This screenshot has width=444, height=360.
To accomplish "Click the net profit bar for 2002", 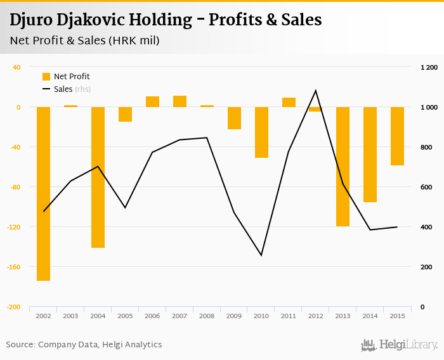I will click(43, 193).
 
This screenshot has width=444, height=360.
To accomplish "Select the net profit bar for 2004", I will click(98, 177).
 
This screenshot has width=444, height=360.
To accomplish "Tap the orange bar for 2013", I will click(343, 166).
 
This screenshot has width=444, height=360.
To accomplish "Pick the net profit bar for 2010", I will click(261, 132).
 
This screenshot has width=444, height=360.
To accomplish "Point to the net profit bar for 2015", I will click(398, 136).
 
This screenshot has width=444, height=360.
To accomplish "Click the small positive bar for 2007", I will click(180, 101).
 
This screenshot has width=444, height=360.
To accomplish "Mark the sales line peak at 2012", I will click(316, 91).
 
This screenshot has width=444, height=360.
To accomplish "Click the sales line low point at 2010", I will click(261, 255).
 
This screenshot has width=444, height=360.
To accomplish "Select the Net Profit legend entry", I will click(66, 76).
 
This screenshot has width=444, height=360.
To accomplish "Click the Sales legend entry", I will click(63, 89).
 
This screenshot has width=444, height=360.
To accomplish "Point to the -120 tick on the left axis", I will click(13, 227).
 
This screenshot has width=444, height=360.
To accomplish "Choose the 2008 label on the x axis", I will click(207, 316).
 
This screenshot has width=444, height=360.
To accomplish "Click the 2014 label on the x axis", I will click(370, 316).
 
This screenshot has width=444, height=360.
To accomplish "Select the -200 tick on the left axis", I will click(13, 307).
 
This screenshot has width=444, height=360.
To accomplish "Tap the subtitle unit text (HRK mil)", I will click(133, 41).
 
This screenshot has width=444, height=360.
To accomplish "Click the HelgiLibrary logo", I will click(399, 345).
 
